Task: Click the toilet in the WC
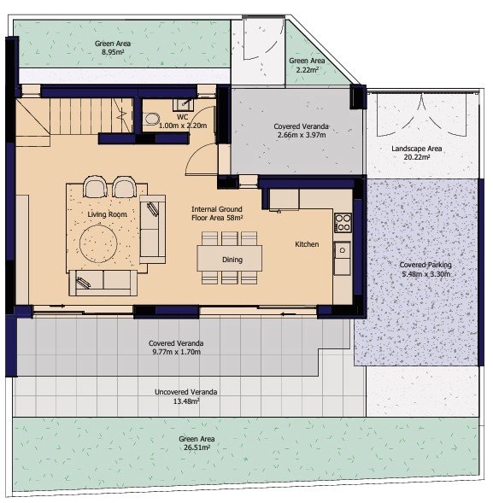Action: pos(152,119)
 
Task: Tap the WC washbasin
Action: pos(184,104)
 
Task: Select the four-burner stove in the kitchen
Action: pos(343,222)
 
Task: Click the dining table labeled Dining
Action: pos(230,258)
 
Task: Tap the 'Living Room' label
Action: pos(107,214)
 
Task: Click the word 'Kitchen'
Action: pos(307,244)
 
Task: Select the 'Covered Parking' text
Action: pos(426,265)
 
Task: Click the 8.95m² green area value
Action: pos(113,52)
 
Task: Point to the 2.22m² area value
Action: pos(307,70)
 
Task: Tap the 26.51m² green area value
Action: pos(197,447)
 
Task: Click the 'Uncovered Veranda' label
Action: pos(186,392)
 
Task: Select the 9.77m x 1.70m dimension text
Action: pos(176,352)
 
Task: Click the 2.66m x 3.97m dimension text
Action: pos(302,135)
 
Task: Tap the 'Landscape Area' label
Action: pos(417,149)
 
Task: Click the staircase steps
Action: pos(91,115)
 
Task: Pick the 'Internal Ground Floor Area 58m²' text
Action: pos(217,213)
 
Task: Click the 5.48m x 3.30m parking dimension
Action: pos(426,274)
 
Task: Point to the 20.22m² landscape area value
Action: pos(417,157)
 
